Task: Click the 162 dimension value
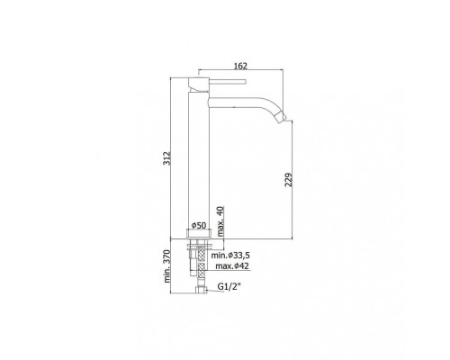239,65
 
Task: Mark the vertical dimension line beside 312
171,159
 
